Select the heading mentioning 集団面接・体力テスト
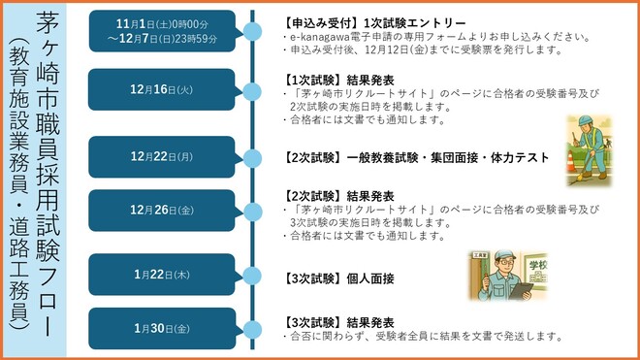click(417, 157)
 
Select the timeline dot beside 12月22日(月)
click(251, 157)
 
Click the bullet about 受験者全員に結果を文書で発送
click(427, 337)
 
